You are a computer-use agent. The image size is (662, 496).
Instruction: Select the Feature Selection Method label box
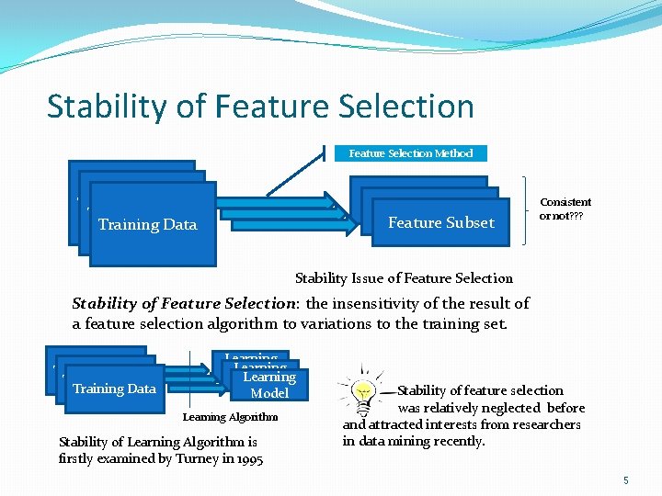tap(410, 153)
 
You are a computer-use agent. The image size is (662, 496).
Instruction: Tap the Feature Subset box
tap(440, 223)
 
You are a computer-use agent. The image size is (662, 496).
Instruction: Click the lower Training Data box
tap(114, 389)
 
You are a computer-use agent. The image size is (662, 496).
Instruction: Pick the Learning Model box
tap(268, 385)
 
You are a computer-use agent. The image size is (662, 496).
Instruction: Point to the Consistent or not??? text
tap(565, 209)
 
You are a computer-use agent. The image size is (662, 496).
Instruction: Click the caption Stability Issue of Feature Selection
tap(404, 278)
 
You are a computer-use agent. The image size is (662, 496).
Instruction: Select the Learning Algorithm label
tap(230, 417)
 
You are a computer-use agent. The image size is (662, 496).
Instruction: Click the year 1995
tap(245, 458)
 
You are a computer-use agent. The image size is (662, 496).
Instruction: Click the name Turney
tap(192, 458)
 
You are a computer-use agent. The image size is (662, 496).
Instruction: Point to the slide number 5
tap(625, 479)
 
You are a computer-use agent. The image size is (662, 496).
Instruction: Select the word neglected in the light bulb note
tap(515, 408)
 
